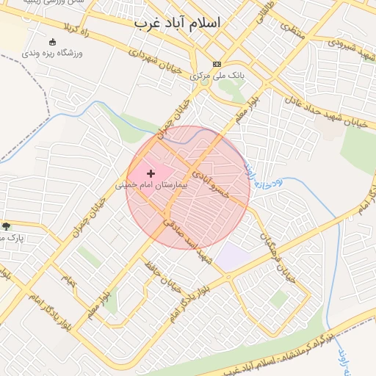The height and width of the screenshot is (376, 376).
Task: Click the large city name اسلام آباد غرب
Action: [x=177, y=23]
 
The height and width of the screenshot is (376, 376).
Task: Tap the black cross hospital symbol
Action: [x=151, y=174]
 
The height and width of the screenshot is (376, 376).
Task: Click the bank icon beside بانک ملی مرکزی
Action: [x=216, y=64]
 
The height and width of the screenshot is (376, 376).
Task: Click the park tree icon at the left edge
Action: [x=7, y=227]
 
